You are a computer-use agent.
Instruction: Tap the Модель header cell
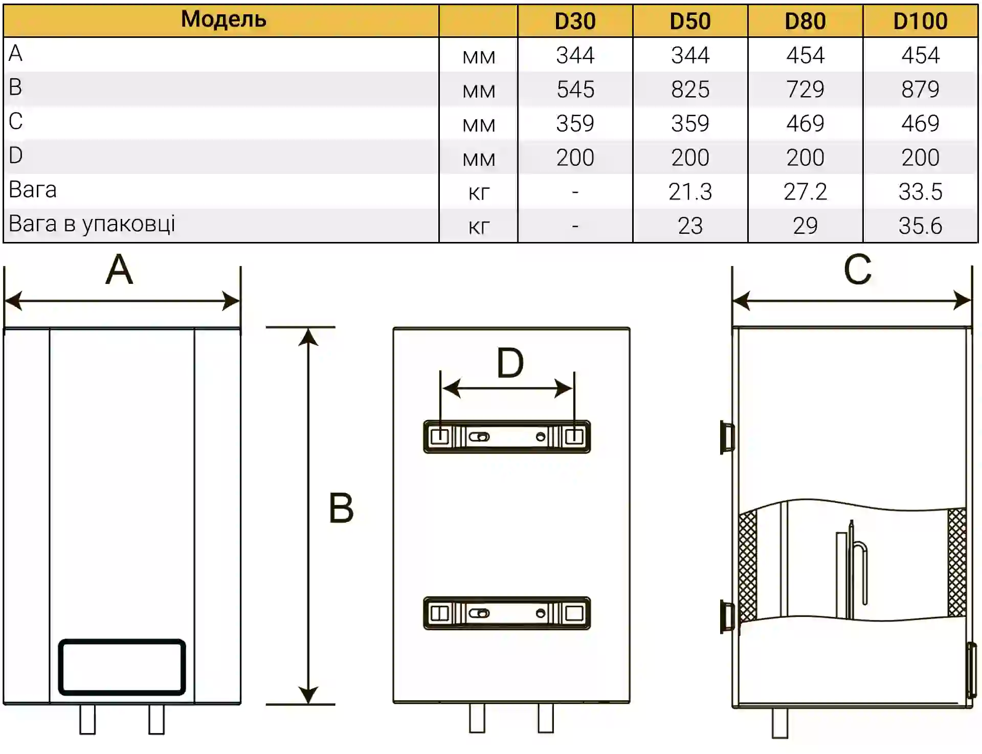click(224, 19)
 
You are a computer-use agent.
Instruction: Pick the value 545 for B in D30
click(575, 90)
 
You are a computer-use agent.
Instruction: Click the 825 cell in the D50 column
click(690, 90)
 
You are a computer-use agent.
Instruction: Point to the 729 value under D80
click(805, 90)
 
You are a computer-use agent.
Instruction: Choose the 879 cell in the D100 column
click(920, 90)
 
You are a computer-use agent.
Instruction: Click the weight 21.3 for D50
click(690, 192)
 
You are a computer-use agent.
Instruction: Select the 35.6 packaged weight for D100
click(920, 226)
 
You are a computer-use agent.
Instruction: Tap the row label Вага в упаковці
click(92, 224)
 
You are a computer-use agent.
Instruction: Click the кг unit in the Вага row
click(479, 193)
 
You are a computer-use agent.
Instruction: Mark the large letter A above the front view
click(119, 270)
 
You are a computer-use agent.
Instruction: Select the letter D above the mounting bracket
click(510, 363)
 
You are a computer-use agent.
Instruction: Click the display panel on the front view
click(122, 667)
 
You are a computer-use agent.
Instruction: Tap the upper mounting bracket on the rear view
click(506, 437)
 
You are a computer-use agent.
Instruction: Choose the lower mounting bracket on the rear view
click(506, 613)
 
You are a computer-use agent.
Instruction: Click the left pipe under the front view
click(87, 719)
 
